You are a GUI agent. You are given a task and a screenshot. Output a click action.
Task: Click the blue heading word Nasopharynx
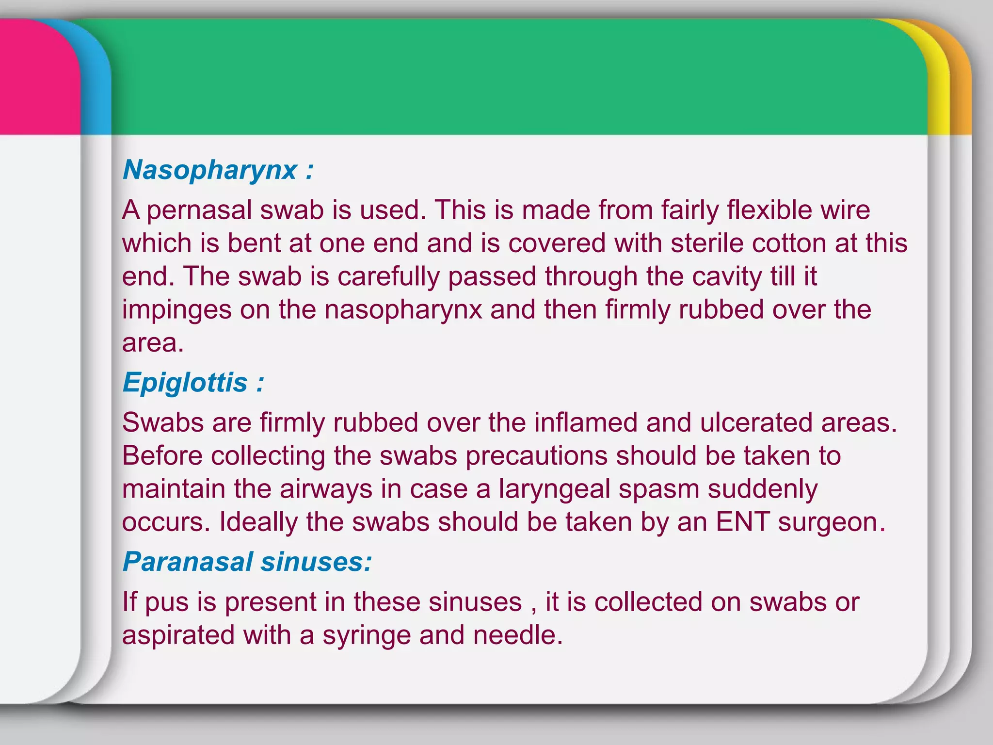click(209, 171)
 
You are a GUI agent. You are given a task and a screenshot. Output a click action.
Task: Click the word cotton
click(789, 243)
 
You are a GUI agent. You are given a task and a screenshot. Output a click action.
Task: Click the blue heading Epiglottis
click(185, 383)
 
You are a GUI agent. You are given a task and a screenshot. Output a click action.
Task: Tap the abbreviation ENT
click(743, 522)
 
